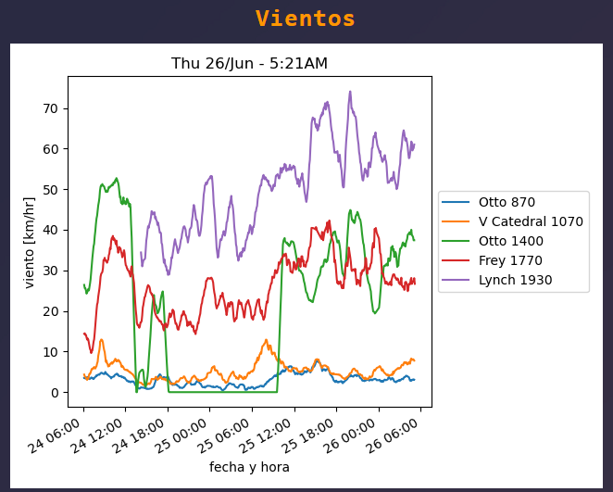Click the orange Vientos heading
pos(306,19)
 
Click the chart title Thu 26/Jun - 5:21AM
pos(249,63)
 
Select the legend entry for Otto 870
pos(507,202)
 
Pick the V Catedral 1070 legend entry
pos(531,221)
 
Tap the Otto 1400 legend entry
pos(510,241)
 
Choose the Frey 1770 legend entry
pos(510,260)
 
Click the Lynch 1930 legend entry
pos(515,280)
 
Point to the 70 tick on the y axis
pos(51,108)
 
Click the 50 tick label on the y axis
pos(51,190)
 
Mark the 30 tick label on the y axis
pos(51,271)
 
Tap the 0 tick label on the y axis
pos(55,393)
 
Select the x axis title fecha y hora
pos(249,467)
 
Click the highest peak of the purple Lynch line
pos(350,92)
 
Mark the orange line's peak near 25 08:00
pos(266,340)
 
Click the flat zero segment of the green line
pos(222,392)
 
